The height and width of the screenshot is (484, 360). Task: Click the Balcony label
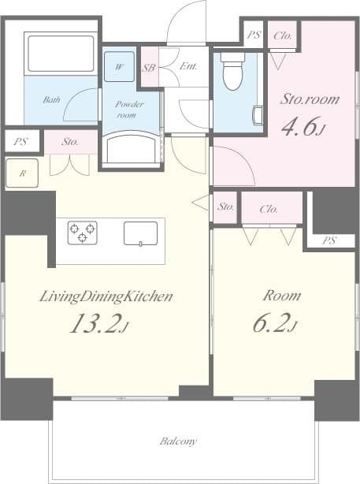click(178, 441)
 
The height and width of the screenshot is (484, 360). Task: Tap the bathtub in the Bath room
click(61, 54)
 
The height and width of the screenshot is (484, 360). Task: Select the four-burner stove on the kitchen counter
click(82, 233)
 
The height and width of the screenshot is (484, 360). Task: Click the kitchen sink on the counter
click(140, 233)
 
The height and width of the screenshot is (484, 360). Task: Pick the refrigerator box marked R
click(21, 173)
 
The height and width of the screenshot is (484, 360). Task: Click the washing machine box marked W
click(119, 66)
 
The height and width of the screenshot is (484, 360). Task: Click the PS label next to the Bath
click(20, 143)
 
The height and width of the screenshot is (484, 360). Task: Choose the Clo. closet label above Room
click(271, 208)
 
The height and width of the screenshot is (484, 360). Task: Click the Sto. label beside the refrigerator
click(70, 143)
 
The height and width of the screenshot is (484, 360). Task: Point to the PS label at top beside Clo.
click(253, 35)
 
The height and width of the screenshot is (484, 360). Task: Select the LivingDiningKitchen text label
click(106, 296)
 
